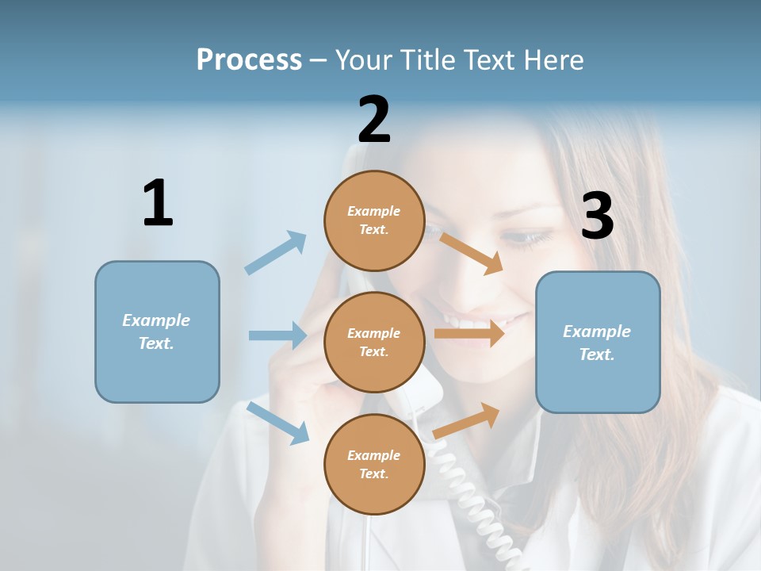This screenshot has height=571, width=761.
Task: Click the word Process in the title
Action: click(249, 59)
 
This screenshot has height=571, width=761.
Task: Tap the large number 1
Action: click(158, 203)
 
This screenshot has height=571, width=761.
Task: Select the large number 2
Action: click(374, 119)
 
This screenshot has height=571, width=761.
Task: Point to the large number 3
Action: click(597, 216)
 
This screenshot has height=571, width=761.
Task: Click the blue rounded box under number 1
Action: click(157, 331)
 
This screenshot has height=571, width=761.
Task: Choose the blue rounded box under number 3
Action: click(598, 342)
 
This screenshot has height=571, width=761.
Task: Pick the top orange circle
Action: click(374, 220)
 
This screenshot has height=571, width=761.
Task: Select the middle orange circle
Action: click(374, 342)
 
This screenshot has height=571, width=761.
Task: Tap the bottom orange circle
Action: click(374, 464)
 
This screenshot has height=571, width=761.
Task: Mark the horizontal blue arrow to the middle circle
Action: click(277, 335)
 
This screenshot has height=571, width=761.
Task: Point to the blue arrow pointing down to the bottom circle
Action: click(278, 423)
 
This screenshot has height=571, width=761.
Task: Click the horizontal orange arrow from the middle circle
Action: click(468, 333)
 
